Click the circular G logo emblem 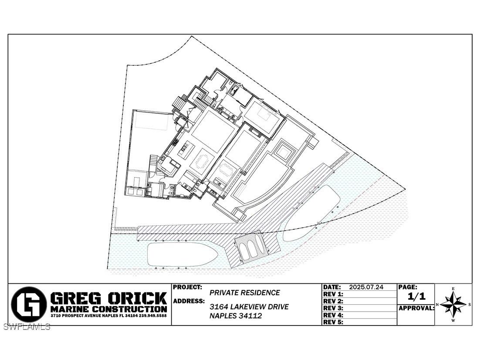pyautogui.click(x=29, y=304)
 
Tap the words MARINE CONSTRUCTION pyautogui.click(x=108, y=309)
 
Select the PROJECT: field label pyautogui.click(x=188, y=288)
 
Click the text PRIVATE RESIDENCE pyautogui.click(x=245, y=293)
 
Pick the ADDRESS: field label pyautogui.click(x=189, y=301)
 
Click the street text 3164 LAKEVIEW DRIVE pyautogui.click(x=249, y=307)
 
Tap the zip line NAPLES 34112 pyautogui.click(x=236, y=316)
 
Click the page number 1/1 pyautogui.click(x=416, y=297)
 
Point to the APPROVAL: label pyautogui.click(x=416, y=308)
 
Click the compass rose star pyautogui.click(x=453, y=304)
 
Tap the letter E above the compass pyautogui.click(x=453, y=289)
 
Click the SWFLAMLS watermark pyautogui.click(x=27, y=326)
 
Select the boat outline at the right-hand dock pyautogui.click(x=312, y=212)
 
